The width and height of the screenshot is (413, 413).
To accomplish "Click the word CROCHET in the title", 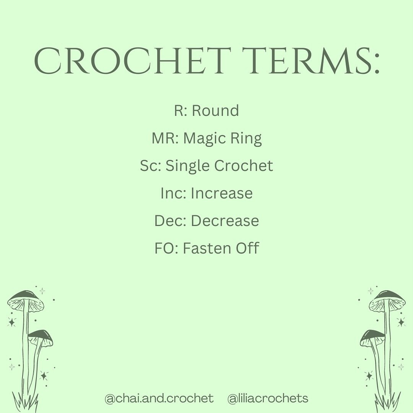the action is point(133,61).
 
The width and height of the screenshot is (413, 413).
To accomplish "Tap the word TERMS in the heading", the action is point(306,61).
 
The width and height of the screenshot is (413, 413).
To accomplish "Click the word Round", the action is point(215,110).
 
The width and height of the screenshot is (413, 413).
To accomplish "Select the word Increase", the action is point(221,193).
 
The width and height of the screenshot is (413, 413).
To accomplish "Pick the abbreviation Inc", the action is point(172,193).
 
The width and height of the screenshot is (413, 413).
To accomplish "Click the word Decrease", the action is point(225,221).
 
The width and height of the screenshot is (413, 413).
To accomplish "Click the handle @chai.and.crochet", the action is point(159,398).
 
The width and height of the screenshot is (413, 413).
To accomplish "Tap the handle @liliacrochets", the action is point(268,398).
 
